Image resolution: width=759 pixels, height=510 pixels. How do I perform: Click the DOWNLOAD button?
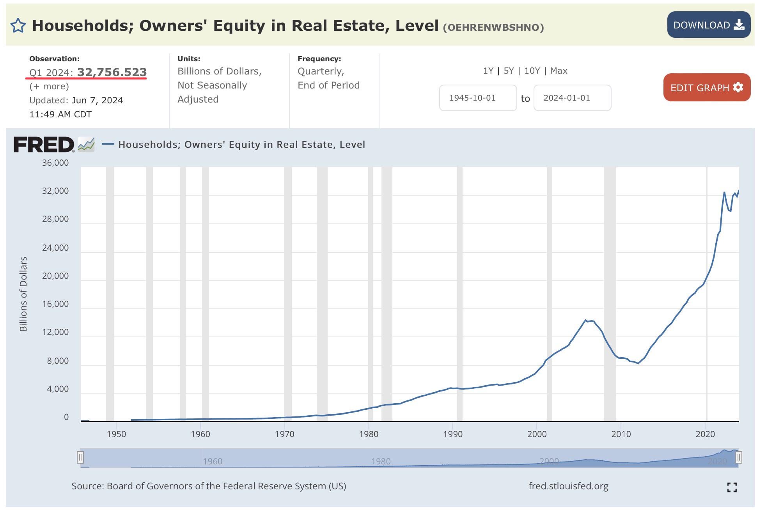click(708, 25)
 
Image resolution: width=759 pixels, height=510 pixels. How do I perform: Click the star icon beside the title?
click(18, 26)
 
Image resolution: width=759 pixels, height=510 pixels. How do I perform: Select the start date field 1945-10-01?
click(477, 98)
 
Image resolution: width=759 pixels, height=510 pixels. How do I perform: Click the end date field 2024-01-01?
click(572, 98)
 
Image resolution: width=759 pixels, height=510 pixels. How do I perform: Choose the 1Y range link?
click(488, 71)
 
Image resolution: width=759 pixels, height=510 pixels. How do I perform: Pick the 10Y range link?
click(532, 71)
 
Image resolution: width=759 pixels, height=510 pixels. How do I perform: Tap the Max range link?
click(559, 71)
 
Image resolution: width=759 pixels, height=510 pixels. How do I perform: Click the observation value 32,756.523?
click(112, 72)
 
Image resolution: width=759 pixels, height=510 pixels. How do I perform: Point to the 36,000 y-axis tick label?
click(55, 163)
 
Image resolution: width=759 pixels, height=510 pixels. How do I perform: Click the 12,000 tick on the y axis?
click(55, 332)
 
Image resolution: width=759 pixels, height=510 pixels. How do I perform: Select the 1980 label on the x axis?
click(369, 434)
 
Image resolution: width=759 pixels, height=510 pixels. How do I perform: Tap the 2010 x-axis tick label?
click(621, 434)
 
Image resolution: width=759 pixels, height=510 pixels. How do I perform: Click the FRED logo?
click(44, 145)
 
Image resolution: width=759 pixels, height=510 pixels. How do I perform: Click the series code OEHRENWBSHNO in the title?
click(493, 27)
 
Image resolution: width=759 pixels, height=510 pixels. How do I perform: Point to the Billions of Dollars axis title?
click(23, 294)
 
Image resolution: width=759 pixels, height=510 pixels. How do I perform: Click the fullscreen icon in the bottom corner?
click(732, 487)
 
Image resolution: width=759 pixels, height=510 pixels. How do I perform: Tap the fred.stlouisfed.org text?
click(568, 486)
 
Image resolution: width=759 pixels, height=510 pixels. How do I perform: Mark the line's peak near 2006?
click(586, 320)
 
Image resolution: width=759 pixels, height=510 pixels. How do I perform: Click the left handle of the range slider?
click(80, 457)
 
